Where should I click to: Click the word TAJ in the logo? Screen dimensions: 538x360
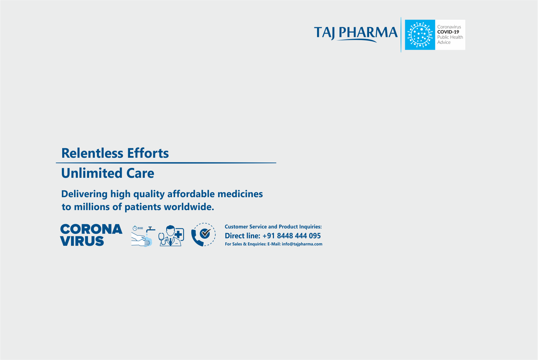(325, 33)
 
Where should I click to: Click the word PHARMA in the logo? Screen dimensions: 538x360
(368, 32)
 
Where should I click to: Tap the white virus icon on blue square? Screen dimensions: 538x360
(420, 35)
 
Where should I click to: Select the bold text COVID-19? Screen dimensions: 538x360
(448, 32)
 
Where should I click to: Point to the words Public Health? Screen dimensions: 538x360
(450, 37)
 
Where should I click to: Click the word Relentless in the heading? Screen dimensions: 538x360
(92, 153)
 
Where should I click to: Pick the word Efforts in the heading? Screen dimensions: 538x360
(148, 153)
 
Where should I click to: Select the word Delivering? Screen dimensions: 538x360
(84, 194)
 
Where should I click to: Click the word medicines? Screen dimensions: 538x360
(240, 194)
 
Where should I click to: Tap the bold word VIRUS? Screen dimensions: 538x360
(82, 241)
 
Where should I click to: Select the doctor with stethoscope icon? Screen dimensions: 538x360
(171, 236)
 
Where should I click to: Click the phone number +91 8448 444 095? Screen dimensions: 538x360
(292, 236)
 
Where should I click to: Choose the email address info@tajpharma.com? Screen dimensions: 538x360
(302, 244)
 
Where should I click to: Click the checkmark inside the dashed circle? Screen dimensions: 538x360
(206, 233)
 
